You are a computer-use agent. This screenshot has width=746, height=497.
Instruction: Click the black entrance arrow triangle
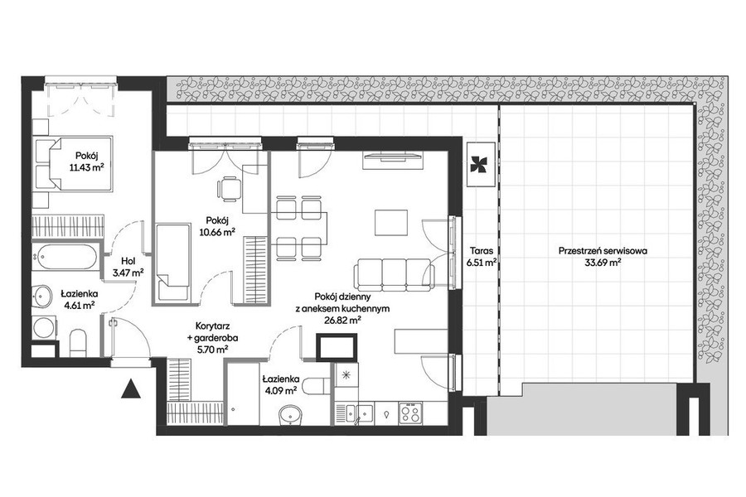[130, 389]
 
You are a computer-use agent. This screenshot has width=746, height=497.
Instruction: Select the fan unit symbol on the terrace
[481, 164]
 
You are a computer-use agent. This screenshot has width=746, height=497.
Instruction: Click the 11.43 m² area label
[86, 167]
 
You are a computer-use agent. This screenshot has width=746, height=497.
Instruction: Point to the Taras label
[481, 251]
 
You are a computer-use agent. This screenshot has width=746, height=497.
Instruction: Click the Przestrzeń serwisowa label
[603, 251]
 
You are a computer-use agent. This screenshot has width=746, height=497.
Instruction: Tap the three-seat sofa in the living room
[394, 274]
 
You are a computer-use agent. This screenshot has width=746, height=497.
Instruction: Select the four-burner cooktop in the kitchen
[410, 413]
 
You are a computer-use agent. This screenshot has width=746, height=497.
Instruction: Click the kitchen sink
[359, 413]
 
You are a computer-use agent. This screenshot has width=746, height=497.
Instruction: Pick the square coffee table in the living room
[391, 223]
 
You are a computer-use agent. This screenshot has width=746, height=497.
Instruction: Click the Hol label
[128, 261]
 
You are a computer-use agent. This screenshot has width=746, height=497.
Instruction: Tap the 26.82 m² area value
[342, 320]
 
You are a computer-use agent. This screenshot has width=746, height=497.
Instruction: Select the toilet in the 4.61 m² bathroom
[78, 343]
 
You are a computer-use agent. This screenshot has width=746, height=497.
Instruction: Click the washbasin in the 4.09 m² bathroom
[291, 414]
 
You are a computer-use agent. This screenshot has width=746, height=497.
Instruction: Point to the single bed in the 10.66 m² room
[172, 263]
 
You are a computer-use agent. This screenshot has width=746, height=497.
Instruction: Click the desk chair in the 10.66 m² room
[230, 188]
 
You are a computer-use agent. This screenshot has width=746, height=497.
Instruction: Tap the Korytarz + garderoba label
[213, 337]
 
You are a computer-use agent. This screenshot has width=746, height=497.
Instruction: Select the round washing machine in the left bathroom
[45, 326]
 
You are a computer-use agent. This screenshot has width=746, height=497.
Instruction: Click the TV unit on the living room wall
[393, 160]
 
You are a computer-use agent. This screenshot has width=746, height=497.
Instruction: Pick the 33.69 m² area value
[603, 262]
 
